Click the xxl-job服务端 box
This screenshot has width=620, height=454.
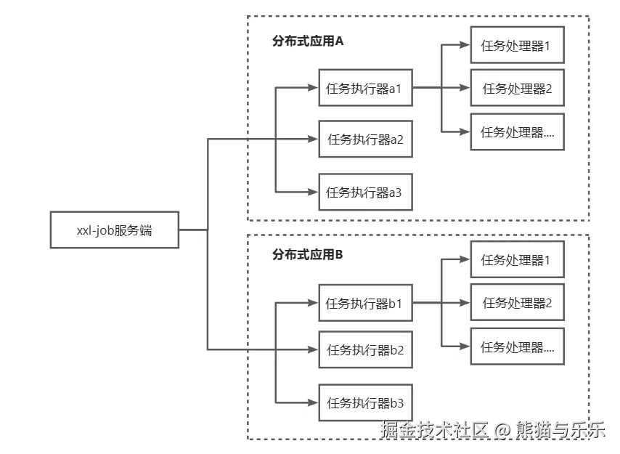point(115,230)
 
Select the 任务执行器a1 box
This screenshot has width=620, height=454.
point(365,89)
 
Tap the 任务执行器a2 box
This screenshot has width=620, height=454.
point(365,139)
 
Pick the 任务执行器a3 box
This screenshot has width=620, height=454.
point(365,192)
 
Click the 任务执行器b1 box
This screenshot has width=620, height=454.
point(365,304)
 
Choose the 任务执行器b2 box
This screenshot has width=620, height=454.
point(365,350)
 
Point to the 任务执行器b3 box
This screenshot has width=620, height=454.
point(365,402)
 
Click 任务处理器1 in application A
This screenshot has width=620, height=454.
point(517,45)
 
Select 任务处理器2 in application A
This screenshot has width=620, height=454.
point(517,89)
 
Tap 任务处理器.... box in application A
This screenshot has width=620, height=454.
point(517,132)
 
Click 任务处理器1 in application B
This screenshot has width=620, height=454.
point(517,259)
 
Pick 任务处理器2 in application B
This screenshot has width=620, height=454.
point(517,303)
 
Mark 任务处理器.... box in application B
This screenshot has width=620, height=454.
point(517,347)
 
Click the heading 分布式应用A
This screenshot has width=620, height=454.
point(307,41)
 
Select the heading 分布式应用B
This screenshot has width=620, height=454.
point(307,254)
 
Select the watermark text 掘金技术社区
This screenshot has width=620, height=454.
point(434,430)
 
